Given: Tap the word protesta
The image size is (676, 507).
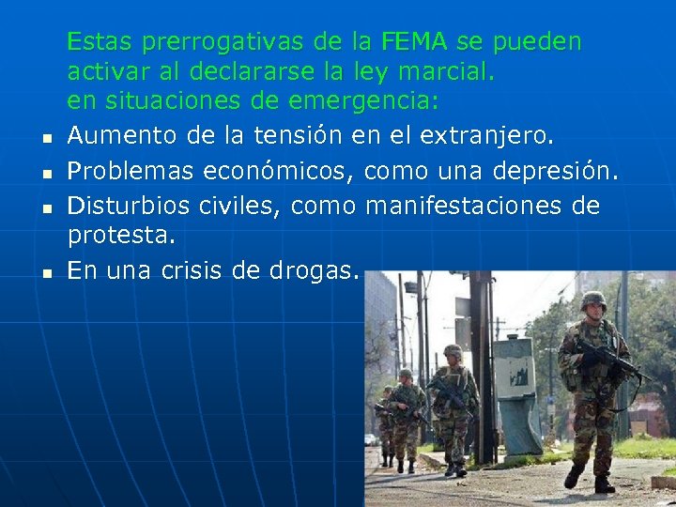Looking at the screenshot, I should tap(121, 238).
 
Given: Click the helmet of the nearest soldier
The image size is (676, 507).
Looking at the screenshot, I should tap(593, 300).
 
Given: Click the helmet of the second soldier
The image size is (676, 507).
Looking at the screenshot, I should tap(453, 351).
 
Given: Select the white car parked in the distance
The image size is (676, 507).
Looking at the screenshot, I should tap(373, 438).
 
